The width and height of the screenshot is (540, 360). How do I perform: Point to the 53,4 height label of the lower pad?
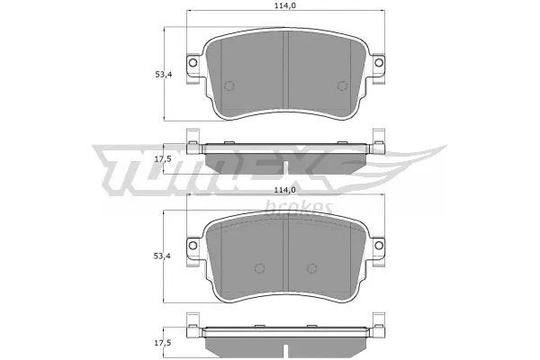(x=163, y=256)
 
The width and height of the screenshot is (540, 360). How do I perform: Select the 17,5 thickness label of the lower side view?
(x=163, y=343)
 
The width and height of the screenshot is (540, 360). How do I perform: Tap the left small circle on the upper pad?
(x=228, y=86)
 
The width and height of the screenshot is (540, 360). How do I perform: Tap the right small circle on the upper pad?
(x=341, y=86)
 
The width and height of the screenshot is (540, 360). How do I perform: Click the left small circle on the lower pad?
(x=259, y=268)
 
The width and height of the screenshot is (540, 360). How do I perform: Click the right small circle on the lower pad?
(x=311, y=268)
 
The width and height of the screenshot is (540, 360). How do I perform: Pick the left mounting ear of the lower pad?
(x=192, y=251)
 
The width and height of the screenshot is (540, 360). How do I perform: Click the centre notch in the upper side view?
(x=284, y=166)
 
